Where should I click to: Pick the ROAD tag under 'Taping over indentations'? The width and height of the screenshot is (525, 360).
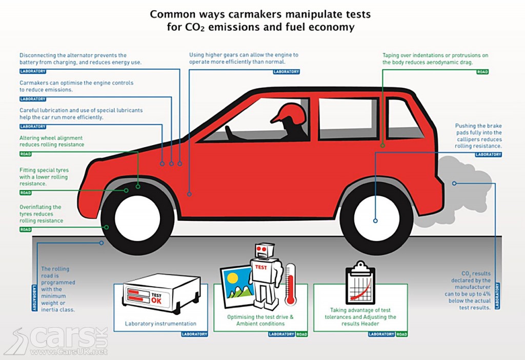482,72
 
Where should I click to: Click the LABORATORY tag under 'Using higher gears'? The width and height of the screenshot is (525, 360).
286,72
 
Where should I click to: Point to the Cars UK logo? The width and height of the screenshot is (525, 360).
56,338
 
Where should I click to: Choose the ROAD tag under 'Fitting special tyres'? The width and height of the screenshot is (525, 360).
26,193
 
